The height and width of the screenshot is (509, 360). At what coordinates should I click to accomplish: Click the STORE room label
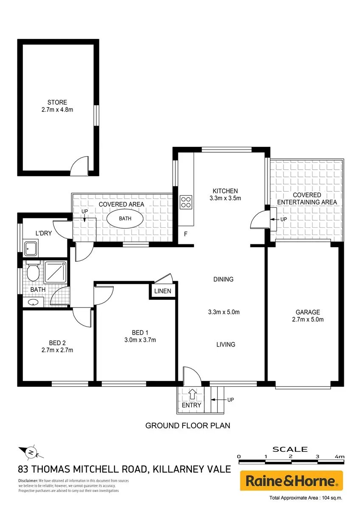pos(57,102)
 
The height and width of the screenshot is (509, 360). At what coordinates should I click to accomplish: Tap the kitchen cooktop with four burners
pos(186,202)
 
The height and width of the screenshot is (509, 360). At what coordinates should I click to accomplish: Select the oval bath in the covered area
pos(125,218)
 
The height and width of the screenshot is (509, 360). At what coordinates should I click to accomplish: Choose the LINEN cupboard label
pos(163,291)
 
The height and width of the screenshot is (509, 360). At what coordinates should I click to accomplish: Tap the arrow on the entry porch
pos(192,394)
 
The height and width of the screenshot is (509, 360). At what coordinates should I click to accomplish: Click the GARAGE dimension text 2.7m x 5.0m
pos(308,319)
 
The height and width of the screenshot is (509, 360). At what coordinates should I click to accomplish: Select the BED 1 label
pos(140,333)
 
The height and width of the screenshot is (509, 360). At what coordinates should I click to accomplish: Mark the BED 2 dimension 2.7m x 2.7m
pos(57,350)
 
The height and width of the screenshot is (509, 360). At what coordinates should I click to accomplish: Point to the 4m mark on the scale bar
pos(340,456)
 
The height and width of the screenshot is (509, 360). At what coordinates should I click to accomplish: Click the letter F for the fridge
pos(186,234)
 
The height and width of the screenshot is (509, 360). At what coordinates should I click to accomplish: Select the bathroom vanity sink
pos(33,302)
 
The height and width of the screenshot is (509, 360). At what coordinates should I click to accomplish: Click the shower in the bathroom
pos(56,272)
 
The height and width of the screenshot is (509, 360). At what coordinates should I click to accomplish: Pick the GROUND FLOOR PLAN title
pos(188,425)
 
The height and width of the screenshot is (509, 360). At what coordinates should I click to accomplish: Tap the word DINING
pos(223,279)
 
